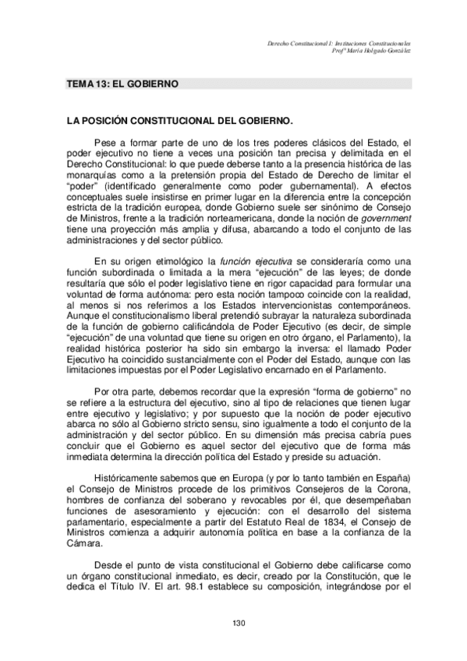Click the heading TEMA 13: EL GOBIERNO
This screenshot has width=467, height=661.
pos(122,83)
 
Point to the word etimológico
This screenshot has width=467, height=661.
pos(181,260)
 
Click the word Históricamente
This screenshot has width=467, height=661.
pos(130,478)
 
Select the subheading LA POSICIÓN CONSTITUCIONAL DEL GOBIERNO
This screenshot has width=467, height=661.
pos(179,122)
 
